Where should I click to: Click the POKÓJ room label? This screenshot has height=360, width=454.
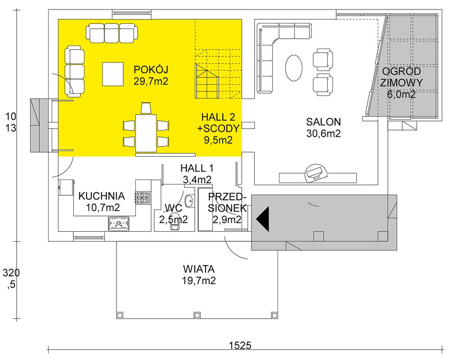click(151, 70)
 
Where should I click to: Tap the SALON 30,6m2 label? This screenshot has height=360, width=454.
click(323, 127)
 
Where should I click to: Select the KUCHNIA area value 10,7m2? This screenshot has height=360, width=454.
click(103, 207)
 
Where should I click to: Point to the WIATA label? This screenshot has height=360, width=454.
click(198, 269)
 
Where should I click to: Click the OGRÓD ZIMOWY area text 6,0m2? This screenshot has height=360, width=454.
click(401, 94)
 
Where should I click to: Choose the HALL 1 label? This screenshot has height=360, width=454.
click(197, 168)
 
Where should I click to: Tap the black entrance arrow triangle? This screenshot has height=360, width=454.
click(263, 219)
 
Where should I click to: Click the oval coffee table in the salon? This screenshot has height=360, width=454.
click(294, 69)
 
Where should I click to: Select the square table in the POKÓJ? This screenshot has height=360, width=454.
click(112, 74)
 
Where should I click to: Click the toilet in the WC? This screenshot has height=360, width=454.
click(174, 226)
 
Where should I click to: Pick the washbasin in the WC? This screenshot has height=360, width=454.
click(189, 201)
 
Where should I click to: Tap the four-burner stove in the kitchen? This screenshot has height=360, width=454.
click(143, 198)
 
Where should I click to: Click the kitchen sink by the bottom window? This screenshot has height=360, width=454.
click(119, 223)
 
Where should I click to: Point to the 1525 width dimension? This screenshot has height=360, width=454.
click(240, 345)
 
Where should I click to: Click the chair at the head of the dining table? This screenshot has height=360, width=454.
click(146, 108)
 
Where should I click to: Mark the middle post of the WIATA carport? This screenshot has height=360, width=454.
click(198, 315)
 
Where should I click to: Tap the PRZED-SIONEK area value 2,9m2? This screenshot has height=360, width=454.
click(227, 220)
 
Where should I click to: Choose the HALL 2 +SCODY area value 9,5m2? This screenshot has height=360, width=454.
click(218, 140)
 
